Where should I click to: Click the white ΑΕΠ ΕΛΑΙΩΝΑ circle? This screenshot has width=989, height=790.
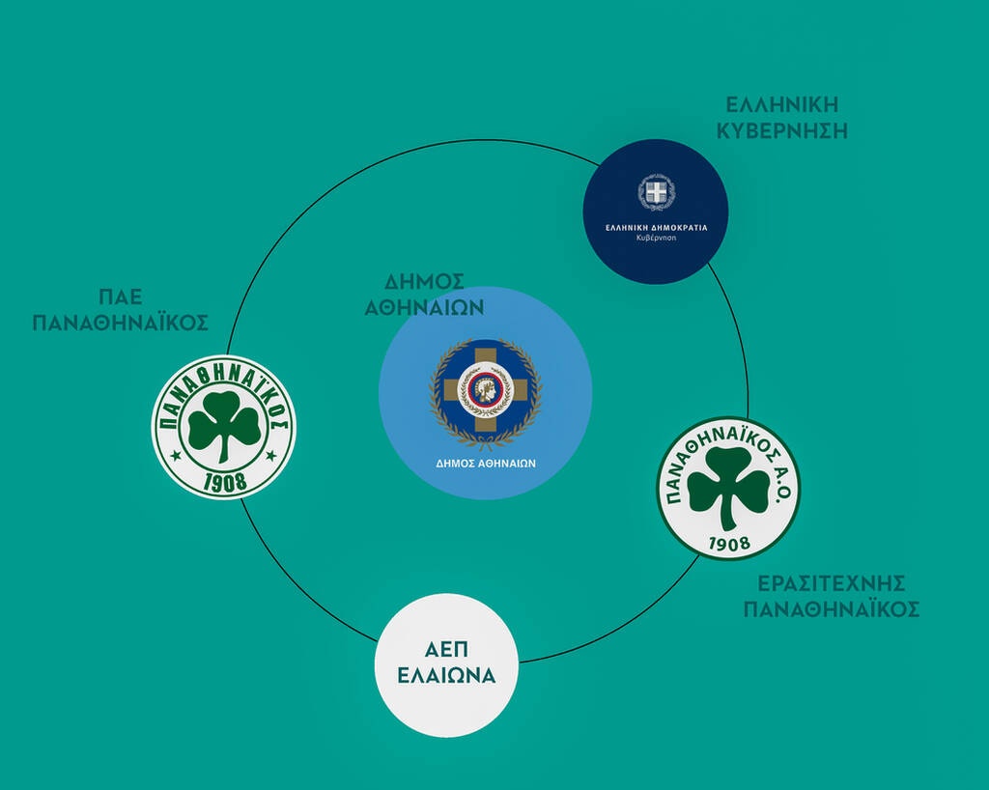click(446, 665)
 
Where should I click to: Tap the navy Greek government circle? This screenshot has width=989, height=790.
click(656, 212)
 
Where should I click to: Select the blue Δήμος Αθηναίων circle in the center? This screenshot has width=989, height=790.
click(485, 393)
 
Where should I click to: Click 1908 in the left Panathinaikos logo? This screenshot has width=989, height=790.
click(225, 482)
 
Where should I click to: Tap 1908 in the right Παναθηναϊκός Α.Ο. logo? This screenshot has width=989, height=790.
click(729, 544)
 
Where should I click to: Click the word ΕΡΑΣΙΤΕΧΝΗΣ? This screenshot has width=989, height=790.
click(832, 583)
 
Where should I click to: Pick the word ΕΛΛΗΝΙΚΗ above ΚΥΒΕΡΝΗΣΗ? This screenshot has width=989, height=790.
click(782, 104)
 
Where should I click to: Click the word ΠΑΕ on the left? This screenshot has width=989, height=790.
click(121, 296)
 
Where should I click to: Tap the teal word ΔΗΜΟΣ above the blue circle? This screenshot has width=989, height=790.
click(425, 281)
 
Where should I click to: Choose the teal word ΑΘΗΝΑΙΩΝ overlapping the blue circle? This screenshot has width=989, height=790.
click(425, 308)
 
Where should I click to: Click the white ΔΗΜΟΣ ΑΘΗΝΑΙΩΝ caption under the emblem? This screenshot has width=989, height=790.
click(486, 464)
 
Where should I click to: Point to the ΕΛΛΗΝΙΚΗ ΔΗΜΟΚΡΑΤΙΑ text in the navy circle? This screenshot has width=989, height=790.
click(657, 228)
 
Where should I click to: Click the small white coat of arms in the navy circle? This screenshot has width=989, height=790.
click(656, 192)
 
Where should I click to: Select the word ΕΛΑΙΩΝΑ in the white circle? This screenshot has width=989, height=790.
click(446, 676)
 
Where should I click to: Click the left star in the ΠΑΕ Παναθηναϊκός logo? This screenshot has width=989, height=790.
click(176, 455)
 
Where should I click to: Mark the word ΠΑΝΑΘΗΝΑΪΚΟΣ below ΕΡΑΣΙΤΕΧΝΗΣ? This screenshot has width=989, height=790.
click(832, 609)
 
